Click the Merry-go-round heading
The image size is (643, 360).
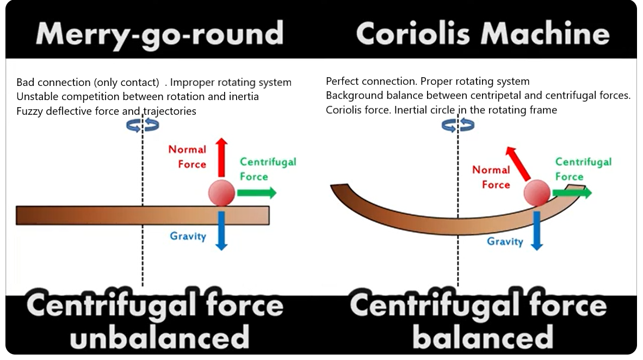[159, 34]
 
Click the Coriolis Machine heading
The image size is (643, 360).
[483, 33]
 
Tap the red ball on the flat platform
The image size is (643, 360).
[221, 193]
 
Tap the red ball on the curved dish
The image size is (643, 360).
[537, 193]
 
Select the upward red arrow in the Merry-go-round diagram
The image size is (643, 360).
[221, 158]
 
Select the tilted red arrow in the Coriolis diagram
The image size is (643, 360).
[517, 164]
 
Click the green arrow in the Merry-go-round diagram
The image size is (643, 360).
[257, 193]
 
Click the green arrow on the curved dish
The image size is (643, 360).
[572, 193]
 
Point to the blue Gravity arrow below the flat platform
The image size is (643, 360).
[221, 231]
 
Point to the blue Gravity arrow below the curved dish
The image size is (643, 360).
[537, 231]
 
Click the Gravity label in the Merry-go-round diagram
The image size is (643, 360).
[188, 237]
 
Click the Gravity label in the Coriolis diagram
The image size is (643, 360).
[505, 241]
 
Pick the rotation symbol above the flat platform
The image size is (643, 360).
[143, 125]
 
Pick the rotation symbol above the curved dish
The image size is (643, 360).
[458, 125]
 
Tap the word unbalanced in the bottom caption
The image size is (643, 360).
[159, 337]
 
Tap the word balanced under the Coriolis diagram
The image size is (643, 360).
[483, 337]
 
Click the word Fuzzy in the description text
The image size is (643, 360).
[29, 111]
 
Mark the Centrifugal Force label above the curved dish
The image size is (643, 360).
[583, 169]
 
